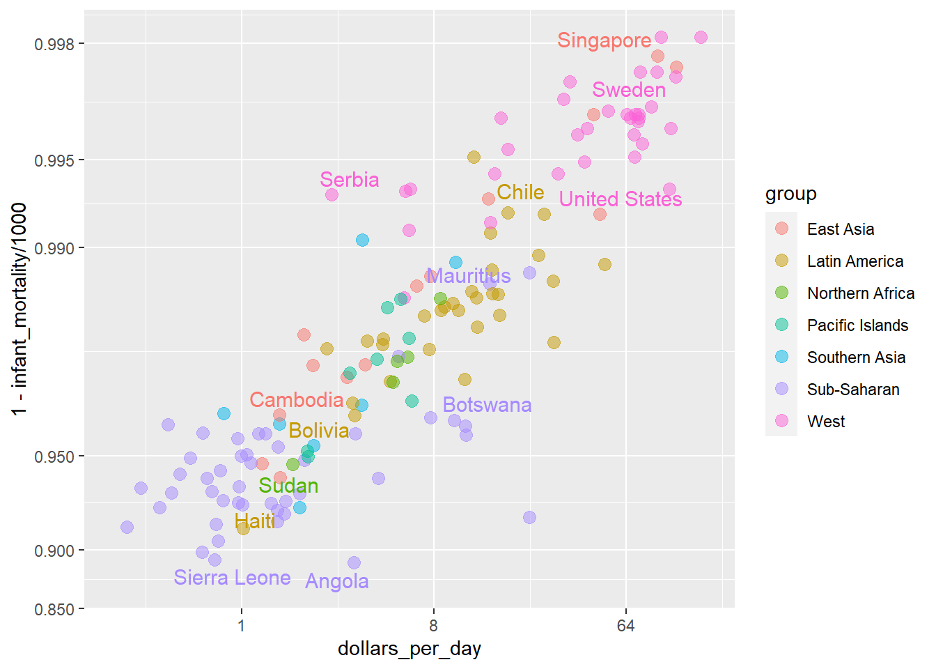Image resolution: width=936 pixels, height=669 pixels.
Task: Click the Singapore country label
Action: coord(604,40)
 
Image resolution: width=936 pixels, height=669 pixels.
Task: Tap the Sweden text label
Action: coord(628,90)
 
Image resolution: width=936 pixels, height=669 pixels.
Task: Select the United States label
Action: coord(620,199)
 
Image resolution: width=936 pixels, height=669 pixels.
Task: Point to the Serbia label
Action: coord(349,180)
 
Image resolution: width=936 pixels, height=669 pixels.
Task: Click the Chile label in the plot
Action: coord(520,192)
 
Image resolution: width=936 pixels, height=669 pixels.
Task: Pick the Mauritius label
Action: coord(469,276)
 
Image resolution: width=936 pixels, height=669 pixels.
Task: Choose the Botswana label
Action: coord(487,405)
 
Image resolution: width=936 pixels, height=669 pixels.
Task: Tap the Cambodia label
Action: coord(296,400)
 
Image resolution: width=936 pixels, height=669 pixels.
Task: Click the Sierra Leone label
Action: coord(232,578)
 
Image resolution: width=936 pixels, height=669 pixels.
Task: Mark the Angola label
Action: coord(336,581)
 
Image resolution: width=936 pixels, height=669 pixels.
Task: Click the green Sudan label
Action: coord(288,486)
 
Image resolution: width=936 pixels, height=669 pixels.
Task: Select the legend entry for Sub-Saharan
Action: coord(852,390)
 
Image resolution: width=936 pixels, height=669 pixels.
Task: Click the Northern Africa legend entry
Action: coord(860,293)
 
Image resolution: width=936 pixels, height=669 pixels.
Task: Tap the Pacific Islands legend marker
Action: coord(781,325)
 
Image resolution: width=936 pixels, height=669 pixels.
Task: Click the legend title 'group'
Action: coord(790,194)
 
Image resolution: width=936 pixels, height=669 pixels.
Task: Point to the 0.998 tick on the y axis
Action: coord(54,45)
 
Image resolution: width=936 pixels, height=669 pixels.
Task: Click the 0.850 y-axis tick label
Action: coord(54,610)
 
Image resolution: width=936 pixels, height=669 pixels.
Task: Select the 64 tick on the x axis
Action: coord(625,625)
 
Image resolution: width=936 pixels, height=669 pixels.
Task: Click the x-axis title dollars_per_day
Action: coord(409,649)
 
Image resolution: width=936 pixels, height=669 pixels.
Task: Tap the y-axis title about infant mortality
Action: coord(19,309)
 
